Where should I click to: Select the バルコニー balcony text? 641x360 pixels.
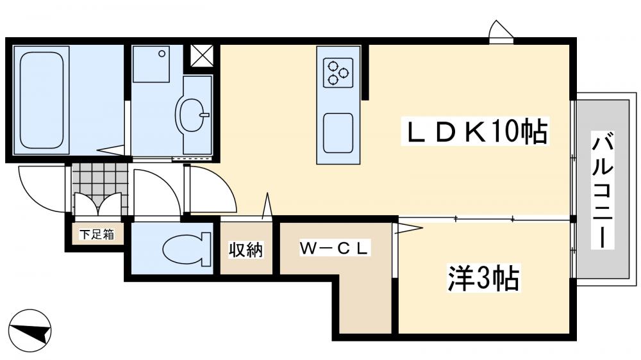[603, 190]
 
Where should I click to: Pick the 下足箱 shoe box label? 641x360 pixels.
[97, 234]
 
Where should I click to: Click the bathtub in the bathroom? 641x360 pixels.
[41, 99]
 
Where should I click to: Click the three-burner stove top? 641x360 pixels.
[338, 71]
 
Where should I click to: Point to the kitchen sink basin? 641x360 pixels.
[338, 133]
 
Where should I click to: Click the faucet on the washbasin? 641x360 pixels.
[204, 115]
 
